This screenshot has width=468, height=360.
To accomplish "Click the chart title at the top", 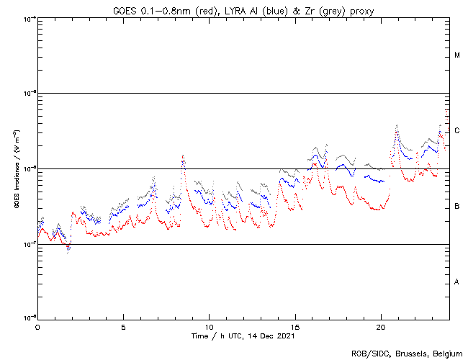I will pos(243,10).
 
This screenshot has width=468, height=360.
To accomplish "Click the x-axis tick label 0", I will pos(37,326).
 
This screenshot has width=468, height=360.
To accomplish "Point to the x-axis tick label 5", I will pos(123,326).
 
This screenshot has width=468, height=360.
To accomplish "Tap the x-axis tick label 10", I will pos(209,326).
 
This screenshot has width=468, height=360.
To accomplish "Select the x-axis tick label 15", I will pos(294,326).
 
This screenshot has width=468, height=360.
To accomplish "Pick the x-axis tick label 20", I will pos(380,326).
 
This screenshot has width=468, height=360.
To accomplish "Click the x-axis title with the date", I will pos(243,336).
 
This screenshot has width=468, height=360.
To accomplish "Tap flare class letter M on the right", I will pos(457,55).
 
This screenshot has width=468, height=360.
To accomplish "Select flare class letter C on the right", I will pos(457,131).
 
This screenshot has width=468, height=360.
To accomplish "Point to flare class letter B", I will pos(457,207).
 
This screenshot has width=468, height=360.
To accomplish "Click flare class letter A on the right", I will pos(457,282).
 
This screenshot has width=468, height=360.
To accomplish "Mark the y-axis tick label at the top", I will pos(30,18).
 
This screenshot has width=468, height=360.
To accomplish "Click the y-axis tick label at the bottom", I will pos(30,318).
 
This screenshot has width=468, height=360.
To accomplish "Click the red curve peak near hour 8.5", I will pos(183,156).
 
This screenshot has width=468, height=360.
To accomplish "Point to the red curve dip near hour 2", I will pos(68,251).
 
